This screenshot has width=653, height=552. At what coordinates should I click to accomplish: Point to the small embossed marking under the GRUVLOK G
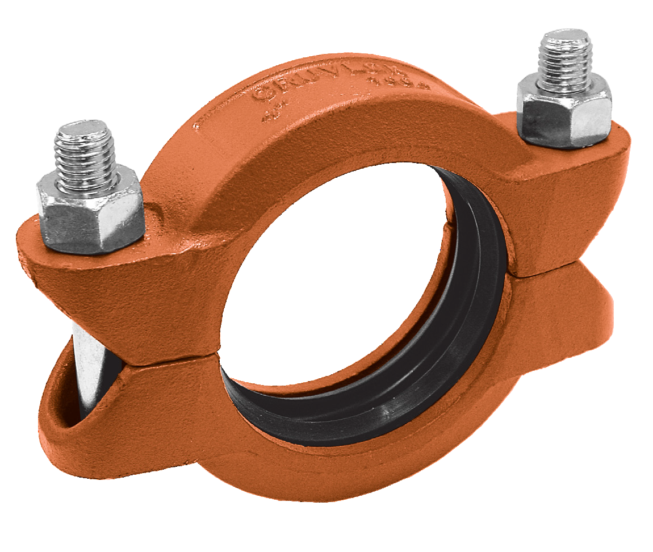tap(270, 117)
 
